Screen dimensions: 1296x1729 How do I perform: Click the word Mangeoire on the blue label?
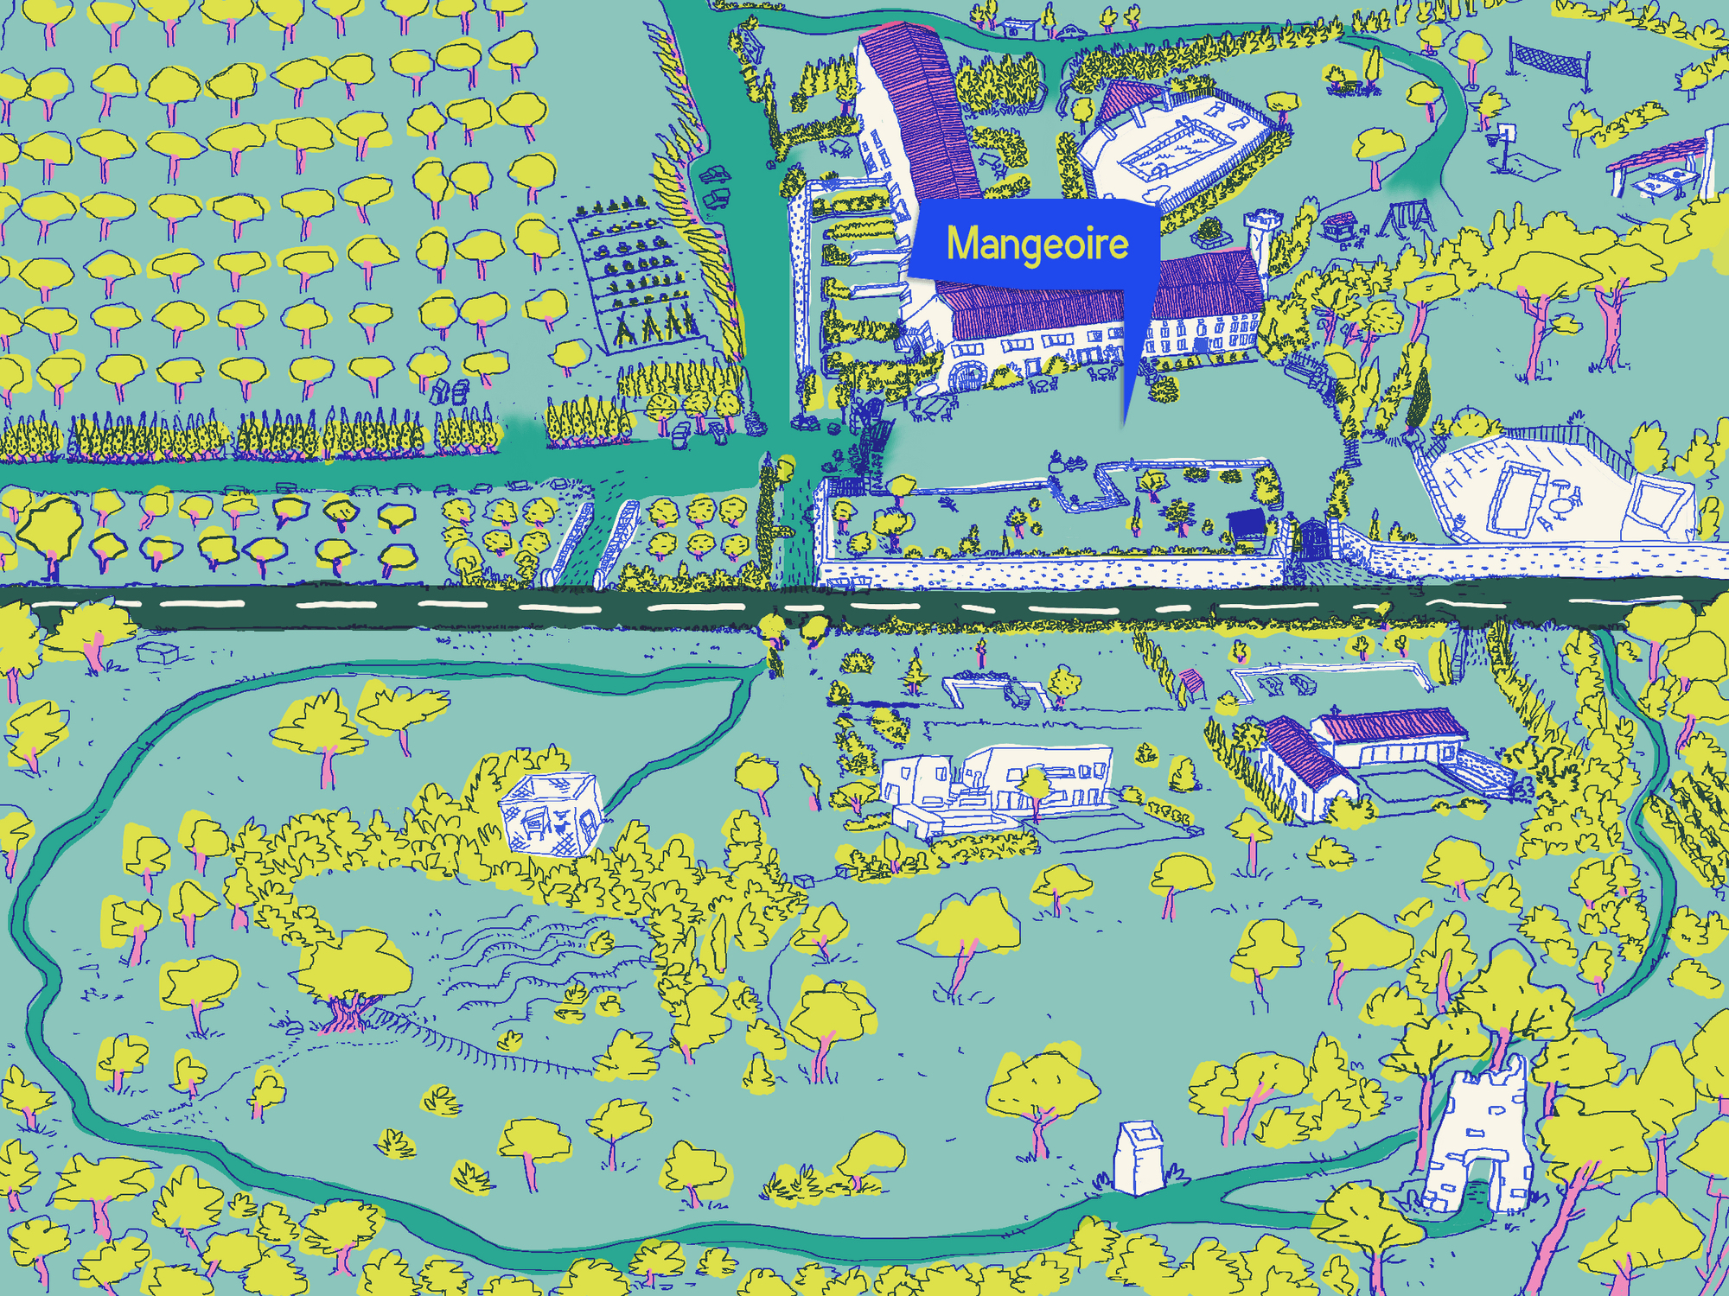pos(1037,244)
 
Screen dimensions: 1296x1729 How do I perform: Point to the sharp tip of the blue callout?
pos(1125,423)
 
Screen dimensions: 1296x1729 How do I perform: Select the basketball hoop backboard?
pos(1507,132)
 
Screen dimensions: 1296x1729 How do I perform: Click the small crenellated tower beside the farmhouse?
pos(1259,233)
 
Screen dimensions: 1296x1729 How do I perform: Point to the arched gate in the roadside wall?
pos(1312,539)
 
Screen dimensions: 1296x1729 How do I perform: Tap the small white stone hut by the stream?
pos(1139,1158)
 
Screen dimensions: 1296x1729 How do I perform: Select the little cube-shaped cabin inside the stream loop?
pos(551,812)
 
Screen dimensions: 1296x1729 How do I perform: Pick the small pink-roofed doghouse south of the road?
pos(1192,683)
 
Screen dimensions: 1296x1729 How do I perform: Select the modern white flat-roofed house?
pos(1003,782)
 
